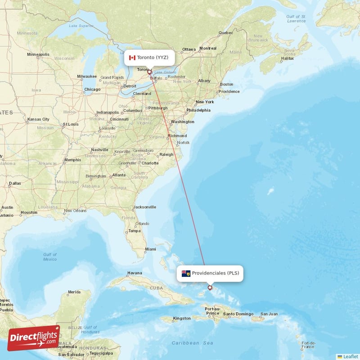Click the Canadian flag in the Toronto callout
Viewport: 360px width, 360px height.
pyautogui.click(x=132, y=58)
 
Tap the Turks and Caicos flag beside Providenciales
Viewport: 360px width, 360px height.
pyautogui.click(x=186, y=273)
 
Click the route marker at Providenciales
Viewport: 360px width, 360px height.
pyautogui.click(x=210, y=288)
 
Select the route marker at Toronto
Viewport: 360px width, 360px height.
pyautogui.click(x=149, y=72)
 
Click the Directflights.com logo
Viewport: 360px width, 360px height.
pyautogui.click(x=34, y=338)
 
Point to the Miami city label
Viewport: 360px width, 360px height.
pyautogui.click(x=150, y=249)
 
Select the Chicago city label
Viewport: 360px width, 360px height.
pyautogui.click(x=92, y=89)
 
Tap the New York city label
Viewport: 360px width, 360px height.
pyautogui.click(x=205, y=102)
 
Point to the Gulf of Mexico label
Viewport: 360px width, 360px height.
pyautogui.click(x=50, y=257)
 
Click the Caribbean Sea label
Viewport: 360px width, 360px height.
pyautogui.click(x=192, y=343)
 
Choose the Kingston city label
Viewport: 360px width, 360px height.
pyautogui.click(x=182, y=318)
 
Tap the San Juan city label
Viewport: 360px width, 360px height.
pyautogui.click(x=269, y=314)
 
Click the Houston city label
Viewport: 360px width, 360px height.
pyautogui.click(x=29, y=212)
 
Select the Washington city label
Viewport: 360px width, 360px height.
pyautogui.click(x=183, y=121)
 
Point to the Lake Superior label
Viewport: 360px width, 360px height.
pyautogui.click(x=79, y=26)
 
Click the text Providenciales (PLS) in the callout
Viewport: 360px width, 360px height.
pyautogui.click(x=215, y=273)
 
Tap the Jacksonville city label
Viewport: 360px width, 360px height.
pyautogui.click(x=144, y=207)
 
